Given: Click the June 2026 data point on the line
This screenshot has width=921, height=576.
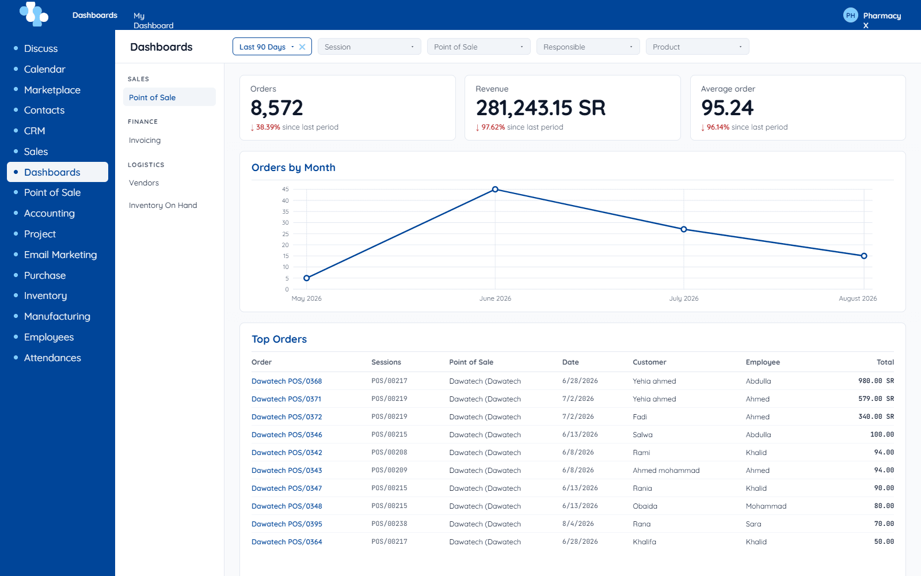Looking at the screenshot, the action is pyautogui.click(x=495, y=190).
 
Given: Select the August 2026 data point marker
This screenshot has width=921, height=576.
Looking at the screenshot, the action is pyautogui.click(x=864, y=256).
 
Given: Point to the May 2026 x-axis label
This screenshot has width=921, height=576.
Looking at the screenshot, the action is pyautogui.click(x=306, y=298).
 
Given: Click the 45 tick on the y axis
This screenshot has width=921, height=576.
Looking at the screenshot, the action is pyautogui.click(x=286, y=190).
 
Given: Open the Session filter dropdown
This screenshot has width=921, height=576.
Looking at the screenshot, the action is pyautogui.click(x=369, y=47).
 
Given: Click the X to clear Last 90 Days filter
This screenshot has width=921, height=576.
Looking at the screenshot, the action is pyautogui.click(x=302, y=47).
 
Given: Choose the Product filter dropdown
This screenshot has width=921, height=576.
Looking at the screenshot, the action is pyautogui.click(x=697, y=47).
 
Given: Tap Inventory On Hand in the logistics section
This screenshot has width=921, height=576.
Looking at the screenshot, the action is pyautogui.click(x=163, y=205).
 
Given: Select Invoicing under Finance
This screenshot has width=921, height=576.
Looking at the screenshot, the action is pyautogui.click(x=144, y=141).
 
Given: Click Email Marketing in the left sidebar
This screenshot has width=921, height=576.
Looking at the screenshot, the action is pyautogui.click(x=60, y=255).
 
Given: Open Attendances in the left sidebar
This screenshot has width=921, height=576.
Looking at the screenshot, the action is pyautogui.click(x=52, y=358).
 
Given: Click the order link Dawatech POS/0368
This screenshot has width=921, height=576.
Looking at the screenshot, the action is pyautogui.click(x=287, y=381).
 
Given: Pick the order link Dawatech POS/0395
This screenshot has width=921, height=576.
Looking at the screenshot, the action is pyautogui.click(x=287, y=524).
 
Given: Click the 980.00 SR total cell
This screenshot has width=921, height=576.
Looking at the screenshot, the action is pyautogui.click(x=876, y=381).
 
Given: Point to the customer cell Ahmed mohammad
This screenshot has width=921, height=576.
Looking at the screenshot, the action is pyautogui.click(x=666, y=470).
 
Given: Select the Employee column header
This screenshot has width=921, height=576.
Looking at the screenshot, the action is pyautogui.click(x=763, y=362).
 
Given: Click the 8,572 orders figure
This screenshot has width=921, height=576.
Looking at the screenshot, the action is pyautogui.click(x=277, y=108).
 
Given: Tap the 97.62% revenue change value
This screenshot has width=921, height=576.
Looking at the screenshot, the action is pyautogui.click(x=493, y=127).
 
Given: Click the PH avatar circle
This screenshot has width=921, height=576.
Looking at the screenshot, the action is pyautogui.click(x=850, y=16).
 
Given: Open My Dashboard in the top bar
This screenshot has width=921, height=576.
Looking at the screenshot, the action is pyautogui.click(x=153, y=21).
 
